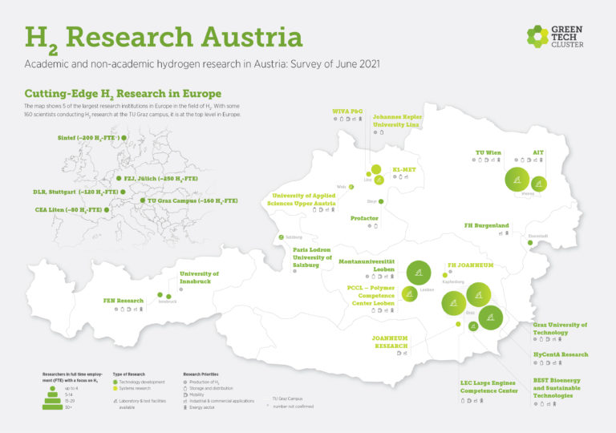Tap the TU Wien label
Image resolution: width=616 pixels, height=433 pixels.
click(x=488, y=152)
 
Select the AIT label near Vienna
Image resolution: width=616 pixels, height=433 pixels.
click(x=538, y=152)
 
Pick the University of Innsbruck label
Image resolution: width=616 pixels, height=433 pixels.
click(x=199, y=277)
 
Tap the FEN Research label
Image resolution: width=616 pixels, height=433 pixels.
click(x=124, y=301)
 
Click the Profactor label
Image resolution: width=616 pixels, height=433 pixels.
click(x=364, y=218)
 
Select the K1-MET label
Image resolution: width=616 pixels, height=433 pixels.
click(x=402, y=170)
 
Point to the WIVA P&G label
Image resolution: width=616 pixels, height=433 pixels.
click(x=348, y=111)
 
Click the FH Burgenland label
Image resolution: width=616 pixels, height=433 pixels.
click(x=487, y=225)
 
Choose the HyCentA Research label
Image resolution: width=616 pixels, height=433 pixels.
click(x=561, y=354)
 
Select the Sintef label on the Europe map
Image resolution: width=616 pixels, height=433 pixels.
click(x=88, y=138)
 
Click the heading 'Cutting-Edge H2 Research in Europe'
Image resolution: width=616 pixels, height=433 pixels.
click(x=123, y=94)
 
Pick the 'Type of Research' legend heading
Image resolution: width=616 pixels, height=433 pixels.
click(x=128, y=374)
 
